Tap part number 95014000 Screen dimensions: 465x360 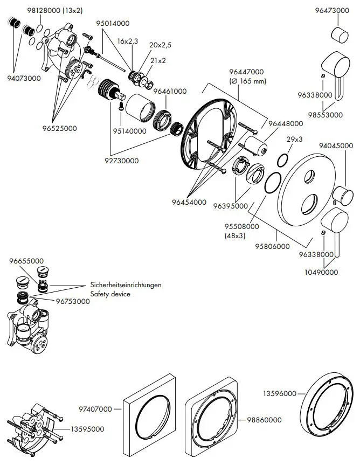114,24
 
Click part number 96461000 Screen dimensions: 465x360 170,92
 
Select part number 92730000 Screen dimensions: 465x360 121,161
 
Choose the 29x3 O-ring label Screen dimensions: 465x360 294,140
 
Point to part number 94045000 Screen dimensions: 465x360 336,145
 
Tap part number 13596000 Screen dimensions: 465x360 280,394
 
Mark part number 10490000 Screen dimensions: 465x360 320,272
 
